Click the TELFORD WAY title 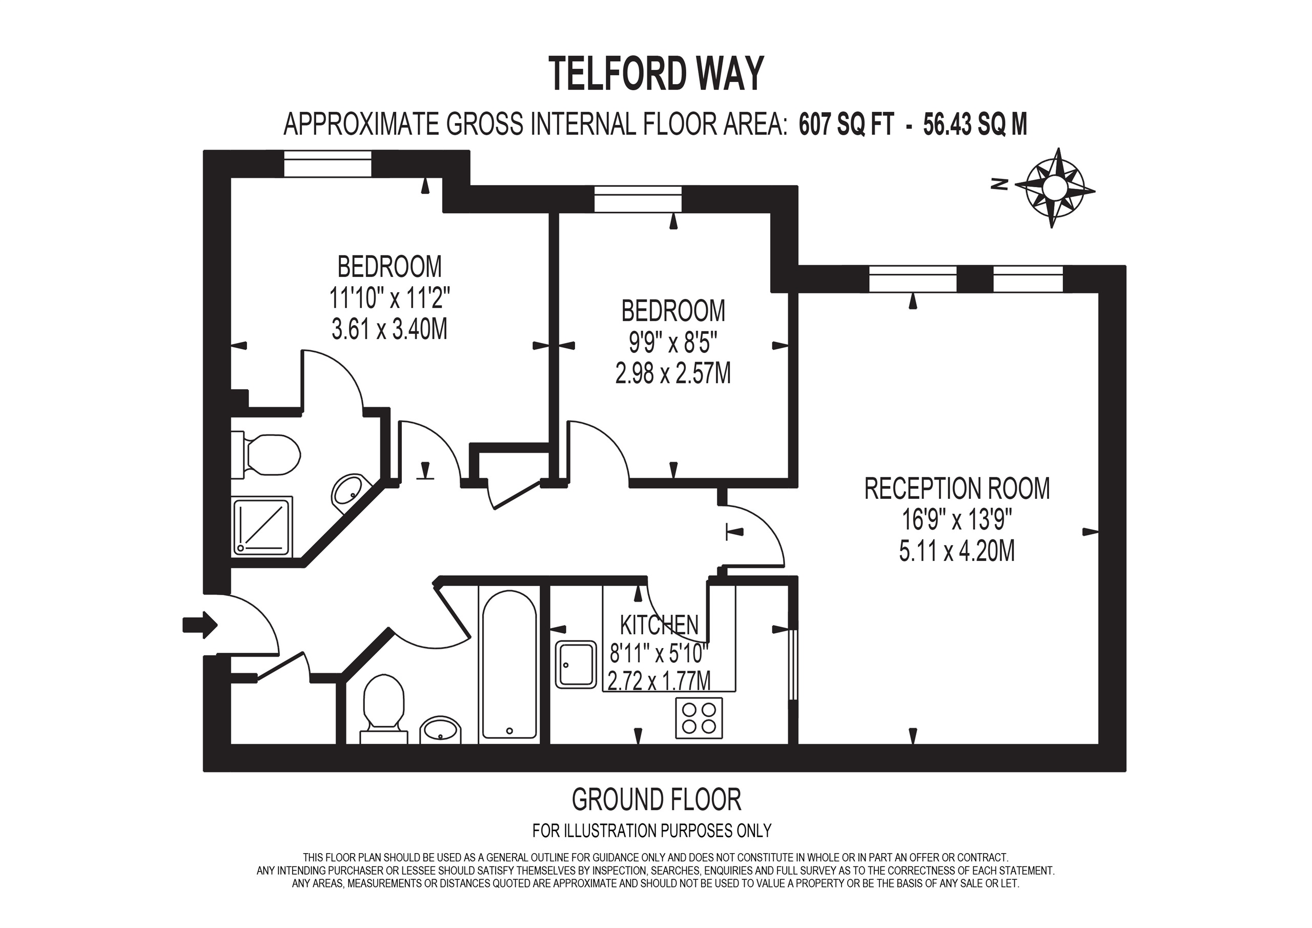pyautogui.click(x=655, y=74)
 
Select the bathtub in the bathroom pyautogui.click(x=509, y=665)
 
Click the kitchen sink pyautogui.click(x=576, y=665)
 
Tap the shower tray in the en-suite pyautogui.click(x=263, y=526)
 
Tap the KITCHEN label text pyautogui.click(x=659, y=625)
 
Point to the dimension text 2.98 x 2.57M pyautogui.click(x=673, y=374)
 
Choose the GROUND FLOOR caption pyautogui.click(x=656, y=799)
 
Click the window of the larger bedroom pyautogui.click(x=327, y=164)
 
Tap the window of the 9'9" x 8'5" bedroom pyautogui.click(x=638, y=199)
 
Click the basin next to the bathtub pyautogui.click(x=440, y=729)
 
